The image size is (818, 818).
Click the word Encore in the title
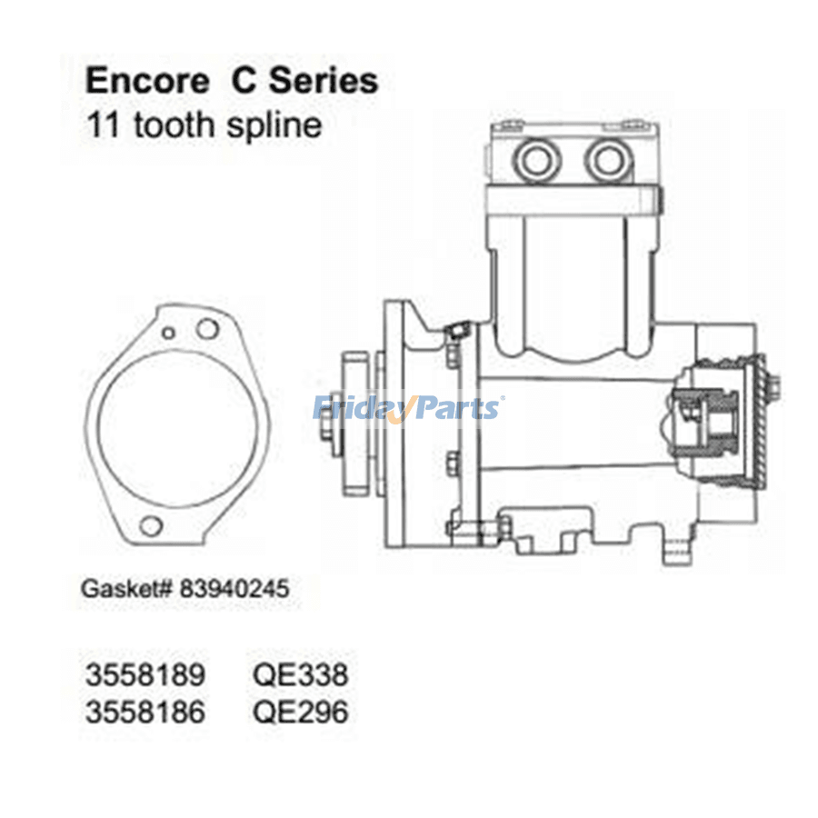(x=147, y=81)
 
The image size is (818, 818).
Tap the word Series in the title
(x=323, y=81)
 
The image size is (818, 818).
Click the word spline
(x=274, y=126)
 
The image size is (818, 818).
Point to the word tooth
(x=175, y=125)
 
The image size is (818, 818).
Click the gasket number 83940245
(x=234, y=589)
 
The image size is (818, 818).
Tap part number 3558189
(x=145, y=674)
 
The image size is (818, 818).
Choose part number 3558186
(x=145, y=712)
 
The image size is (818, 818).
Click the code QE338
(x=300, y=674)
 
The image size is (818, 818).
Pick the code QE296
(x=300, y=712)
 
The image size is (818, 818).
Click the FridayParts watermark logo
(x=408, y=408)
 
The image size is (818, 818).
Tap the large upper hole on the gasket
(x=207, y=329)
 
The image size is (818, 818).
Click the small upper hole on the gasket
(x=168, y=333)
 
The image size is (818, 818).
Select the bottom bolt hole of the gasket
(x=151, y=526)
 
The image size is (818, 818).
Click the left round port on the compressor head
(x=536, y=160)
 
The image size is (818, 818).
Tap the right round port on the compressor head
(x=608, y=160)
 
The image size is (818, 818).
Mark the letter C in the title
(x=243, y=81)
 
